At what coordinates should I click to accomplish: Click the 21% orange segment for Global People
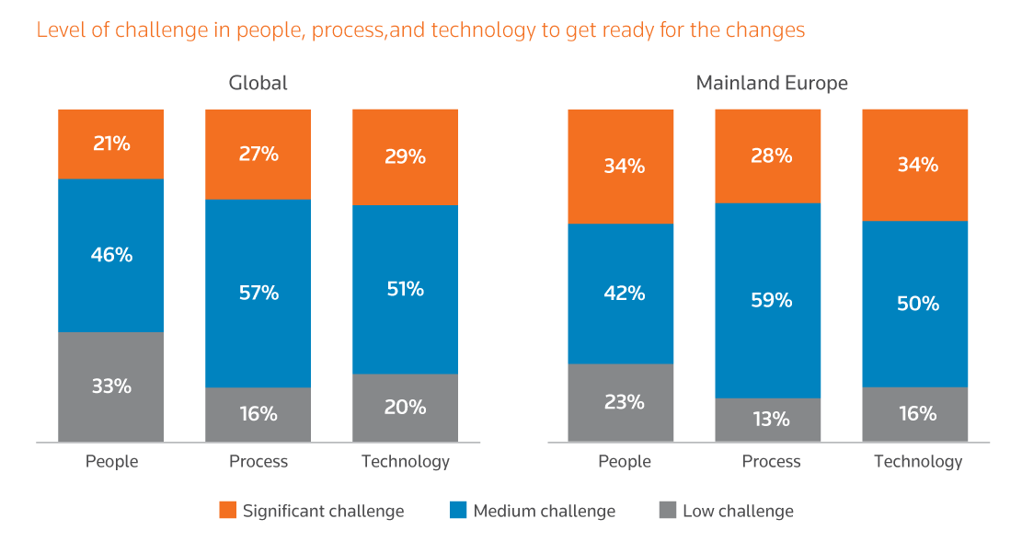(x=111, y=144)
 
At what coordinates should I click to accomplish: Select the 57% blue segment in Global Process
(x=258, y=293)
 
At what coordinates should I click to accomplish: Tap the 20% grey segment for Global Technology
(x=405, y=407)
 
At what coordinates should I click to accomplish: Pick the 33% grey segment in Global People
(x=111, y=386)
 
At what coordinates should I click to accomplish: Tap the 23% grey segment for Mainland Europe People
(x=624, y=402)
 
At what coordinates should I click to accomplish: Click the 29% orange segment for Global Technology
(x=405, y=156)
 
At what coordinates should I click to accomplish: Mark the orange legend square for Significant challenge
(x=227, y=510)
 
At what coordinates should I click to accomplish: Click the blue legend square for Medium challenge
(x=457, y=510)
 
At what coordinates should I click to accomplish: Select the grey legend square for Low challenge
(x=668, y=510)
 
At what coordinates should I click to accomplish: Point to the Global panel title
(x=258, y=83)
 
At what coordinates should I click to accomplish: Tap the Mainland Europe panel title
(x=771, y=83)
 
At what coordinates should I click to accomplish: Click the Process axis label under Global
(x=258, y=461)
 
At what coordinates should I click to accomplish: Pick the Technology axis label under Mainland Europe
(x=917, y=461)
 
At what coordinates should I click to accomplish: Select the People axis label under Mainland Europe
(x=624, y=461)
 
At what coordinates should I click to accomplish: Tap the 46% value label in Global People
(x=111, y=255)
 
